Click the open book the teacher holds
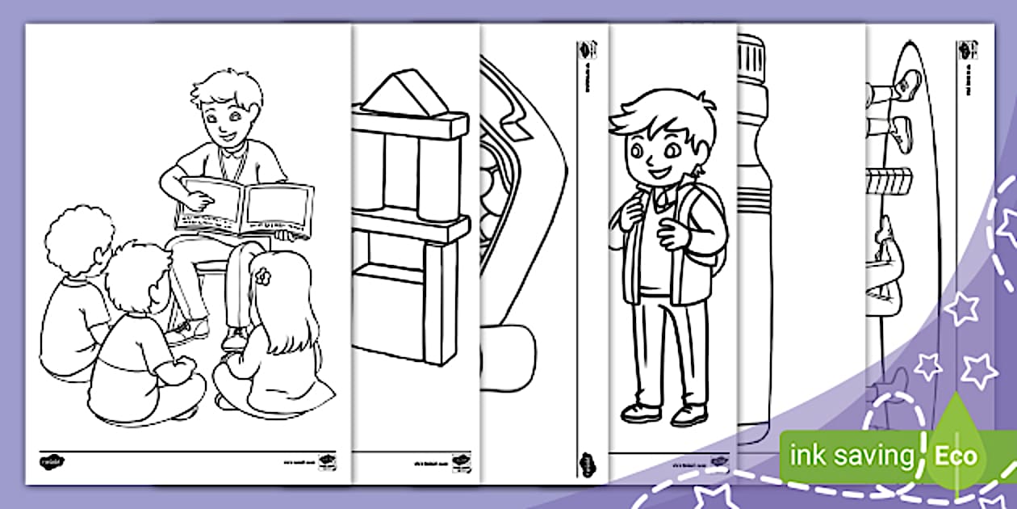[x=246, y=207]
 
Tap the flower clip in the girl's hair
[x=262, y=275]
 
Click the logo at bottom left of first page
[x=52, y=462]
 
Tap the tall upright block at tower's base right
[x=441, y=303]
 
